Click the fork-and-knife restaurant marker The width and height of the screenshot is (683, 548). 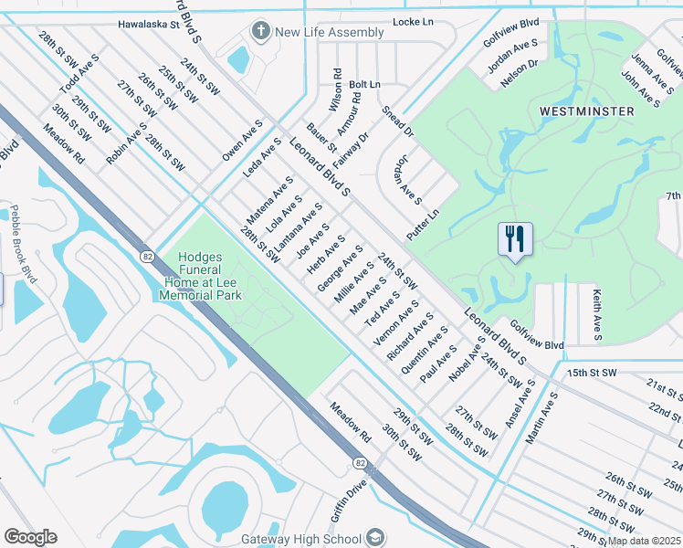515,240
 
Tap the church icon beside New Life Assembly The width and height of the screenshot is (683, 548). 261,32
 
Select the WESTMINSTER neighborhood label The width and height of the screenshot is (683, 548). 586,111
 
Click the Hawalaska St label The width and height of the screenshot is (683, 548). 149,25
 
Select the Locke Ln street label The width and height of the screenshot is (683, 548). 411,21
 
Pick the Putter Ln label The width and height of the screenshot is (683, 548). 424,224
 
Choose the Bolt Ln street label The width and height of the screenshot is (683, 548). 364,84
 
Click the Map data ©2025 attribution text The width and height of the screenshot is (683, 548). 644,541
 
